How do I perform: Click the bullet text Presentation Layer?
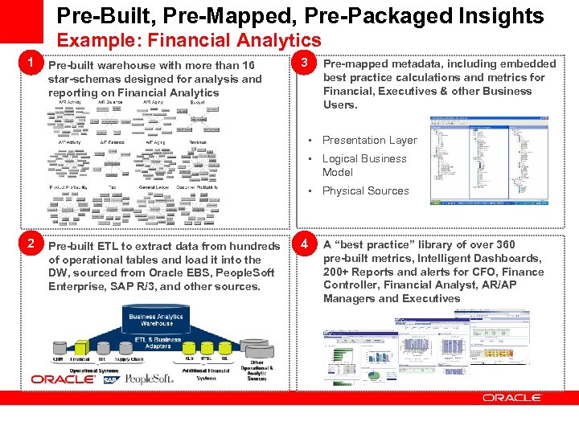(x=369, y=140)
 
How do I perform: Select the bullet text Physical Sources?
(x=365, y=190)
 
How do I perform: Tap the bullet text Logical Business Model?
(x=364, y=165)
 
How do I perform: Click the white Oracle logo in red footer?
(x=512, y=398)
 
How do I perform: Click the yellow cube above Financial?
(x=81, y=351)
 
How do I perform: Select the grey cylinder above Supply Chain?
(x=128, y=351)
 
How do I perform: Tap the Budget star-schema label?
(x=197, y=102)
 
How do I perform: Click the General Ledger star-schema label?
(x=154, y=186)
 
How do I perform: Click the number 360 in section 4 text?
(x=505, y=244)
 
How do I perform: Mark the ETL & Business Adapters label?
(x=154, y=342)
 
